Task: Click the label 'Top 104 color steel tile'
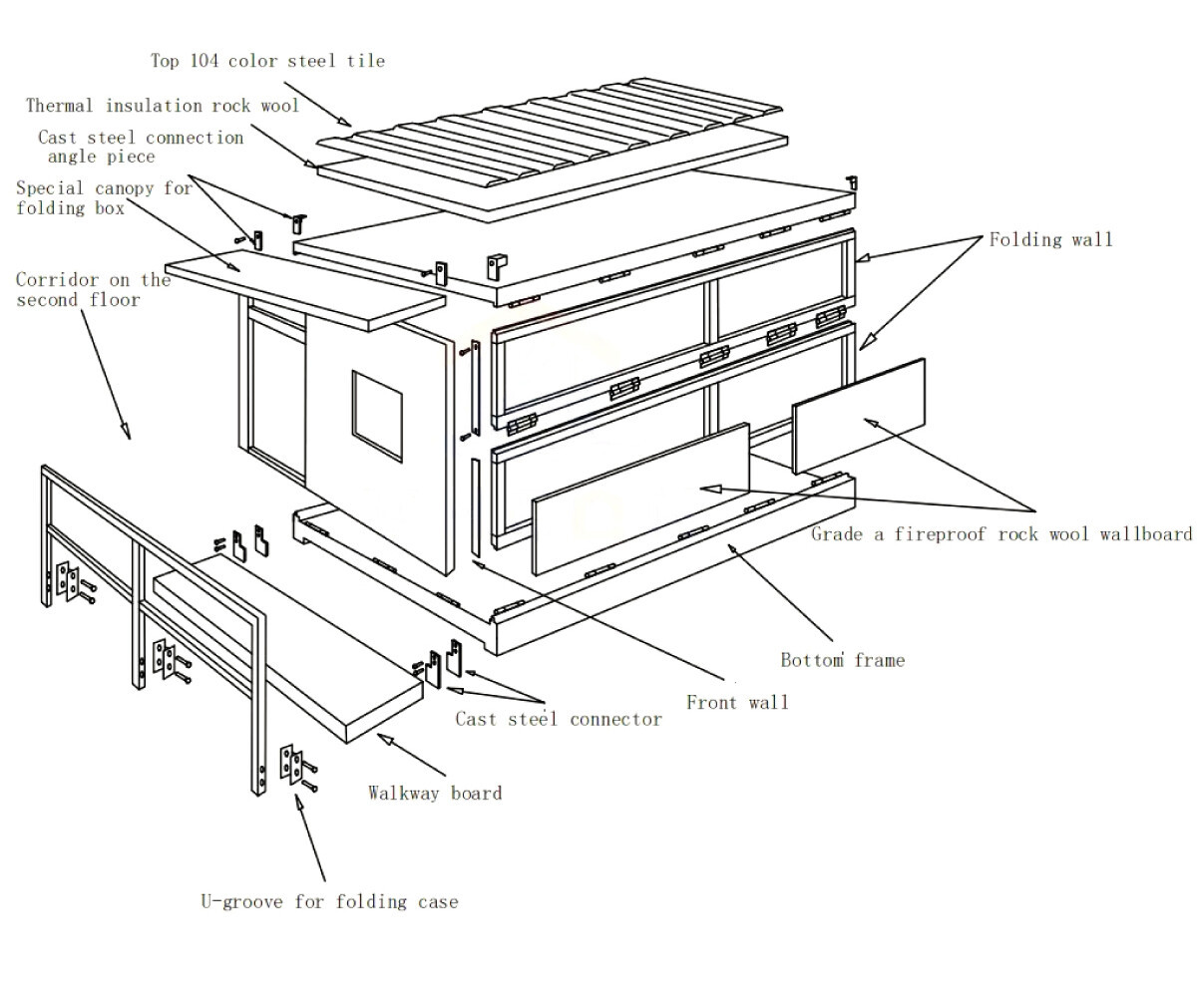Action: pos(267,61)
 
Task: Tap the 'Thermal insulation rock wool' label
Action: pos(162,106)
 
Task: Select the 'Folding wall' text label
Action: pos(1050,239)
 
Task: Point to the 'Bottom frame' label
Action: pos(842,660)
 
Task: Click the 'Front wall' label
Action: pos(737,703)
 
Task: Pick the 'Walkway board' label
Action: pos(435,794)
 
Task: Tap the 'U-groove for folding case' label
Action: pos(329,902)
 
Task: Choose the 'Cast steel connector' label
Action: pos(559,719)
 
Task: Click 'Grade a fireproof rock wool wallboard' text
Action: pos(1000,534)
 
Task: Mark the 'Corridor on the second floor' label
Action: pos(93,290)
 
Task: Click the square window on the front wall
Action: pos(377,415)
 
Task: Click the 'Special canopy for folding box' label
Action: pos(103,198)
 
